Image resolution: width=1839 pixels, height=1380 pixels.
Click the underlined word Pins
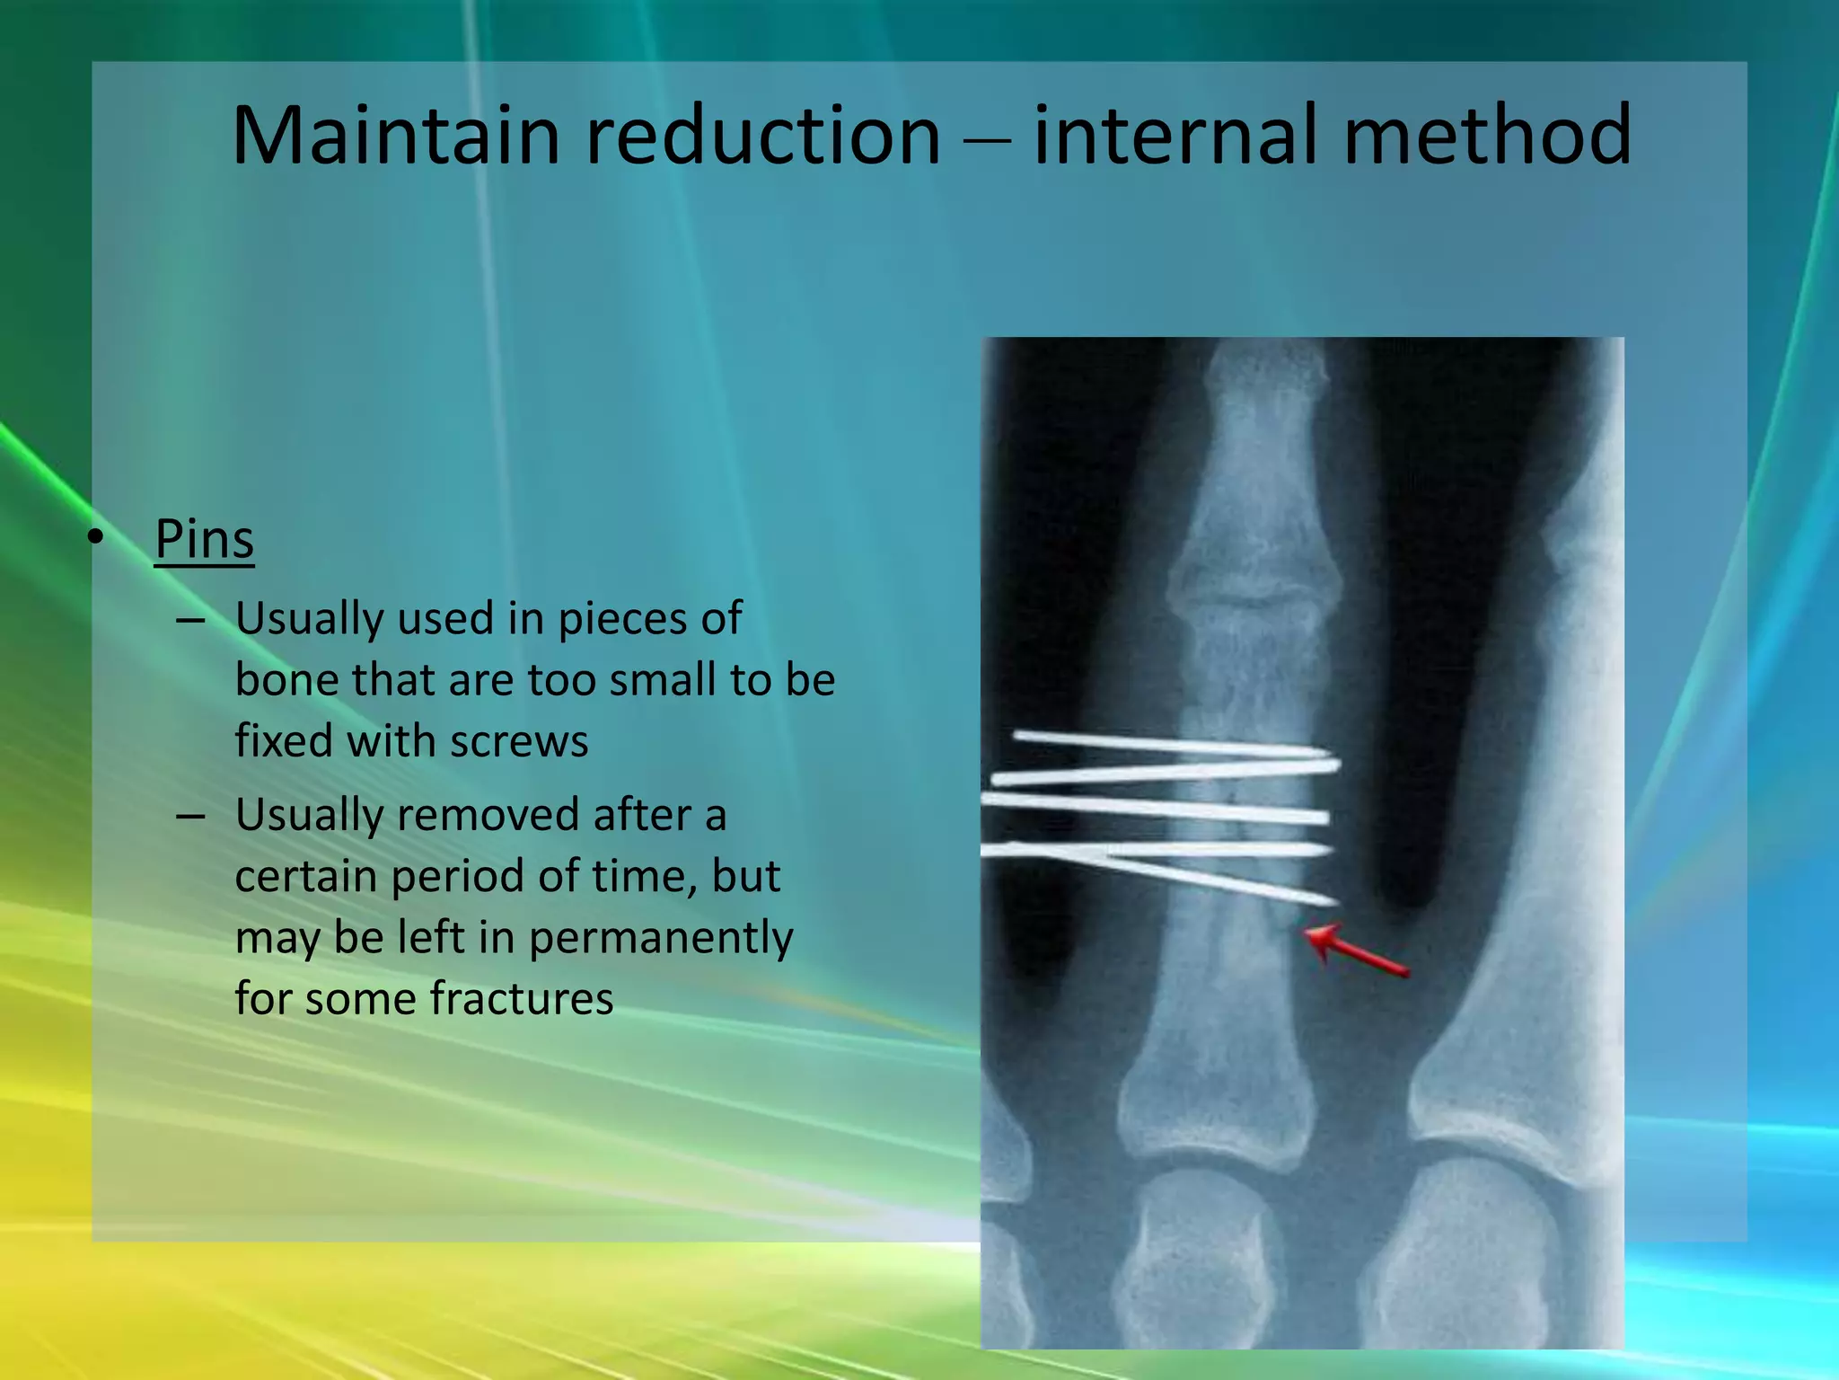click(204, 539)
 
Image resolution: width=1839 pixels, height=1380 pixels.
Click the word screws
click(518, 741)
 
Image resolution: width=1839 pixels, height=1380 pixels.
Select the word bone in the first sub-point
click(286, 680)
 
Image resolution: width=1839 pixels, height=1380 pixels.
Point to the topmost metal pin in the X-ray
click(1167, 743)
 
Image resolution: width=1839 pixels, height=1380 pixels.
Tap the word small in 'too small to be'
click(662, 680)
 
